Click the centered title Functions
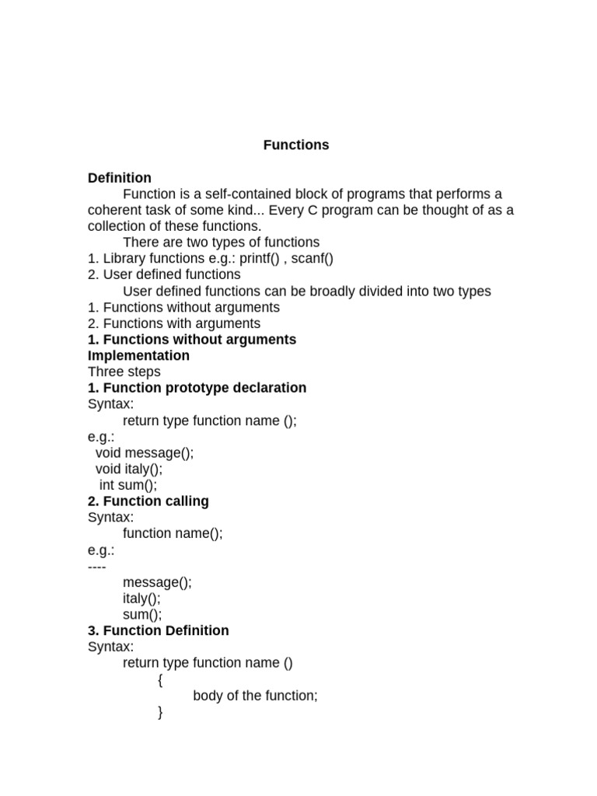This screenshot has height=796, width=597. tap(296, 145)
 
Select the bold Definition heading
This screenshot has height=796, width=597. tap(119, 178)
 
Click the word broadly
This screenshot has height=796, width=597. tap(311, 292)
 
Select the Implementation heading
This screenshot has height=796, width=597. tap(138, 356)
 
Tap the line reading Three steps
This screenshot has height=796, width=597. tap(124, 372)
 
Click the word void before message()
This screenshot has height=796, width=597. tap(108, 453)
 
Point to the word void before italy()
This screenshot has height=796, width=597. tap(108, 470)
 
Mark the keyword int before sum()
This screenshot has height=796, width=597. tap(106, 486)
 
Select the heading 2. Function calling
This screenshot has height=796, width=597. tap(148, 501)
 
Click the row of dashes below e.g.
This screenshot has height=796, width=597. tap(96, 566)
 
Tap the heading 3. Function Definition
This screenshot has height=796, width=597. tap(158, 630)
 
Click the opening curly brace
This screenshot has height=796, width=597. tap(160, 680)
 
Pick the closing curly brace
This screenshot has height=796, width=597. tap(160, 712)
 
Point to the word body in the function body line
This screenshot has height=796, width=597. tap(208, 696)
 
